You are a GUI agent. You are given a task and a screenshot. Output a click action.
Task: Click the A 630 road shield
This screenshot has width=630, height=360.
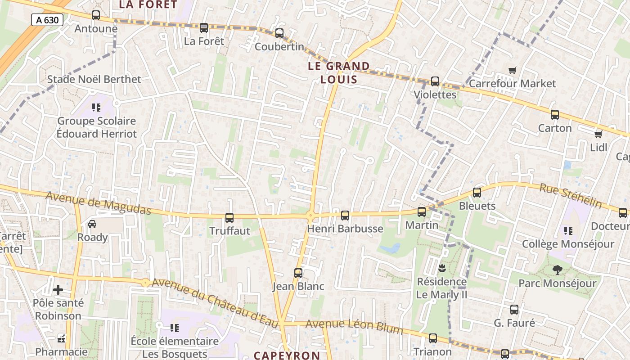pyautogui.click(x=47, y=19)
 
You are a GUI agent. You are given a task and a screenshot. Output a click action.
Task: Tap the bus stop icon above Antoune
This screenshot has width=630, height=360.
pyautogui.click(x=96, y=15)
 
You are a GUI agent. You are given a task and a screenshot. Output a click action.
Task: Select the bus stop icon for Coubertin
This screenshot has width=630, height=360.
pyautogui.click(x=279, y=33)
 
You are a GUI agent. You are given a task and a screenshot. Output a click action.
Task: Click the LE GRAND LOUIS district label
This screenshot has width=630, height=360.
pyautogui.click(x=339, y=73)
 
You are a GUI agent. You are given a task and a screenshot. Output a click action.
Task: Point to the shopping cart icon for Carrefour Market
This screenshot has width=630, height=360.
pyautogui.click(x=512, y=70)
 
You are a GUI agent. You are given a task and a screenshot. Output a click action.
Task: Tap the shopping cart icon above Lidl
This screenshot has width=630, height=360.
pyautogui.click(x=598, y=134)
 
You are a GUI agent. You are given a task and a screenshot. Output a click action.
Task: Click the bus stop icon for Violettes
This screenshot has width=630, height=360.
pyautogui.click(x=435, y=81)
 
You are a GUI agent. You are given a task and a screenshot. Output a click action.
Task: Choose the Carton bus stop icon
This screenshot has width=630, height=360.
pyautogui.click(x=555, y=115)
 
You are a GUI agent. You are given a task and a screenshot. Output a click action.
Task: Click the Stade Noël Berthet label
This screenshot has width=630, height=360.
pyautogui.click(x=94, y=79)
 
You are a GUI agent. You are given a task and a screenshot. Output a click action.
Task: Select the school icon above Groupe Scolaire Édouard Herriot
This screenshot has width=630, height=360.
pyautogui.click(x=96, y=108)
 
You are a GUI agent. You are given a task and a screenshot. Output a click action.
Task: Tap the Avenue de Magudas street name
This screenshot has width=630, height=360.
pyautogui.click(x=98, y=203)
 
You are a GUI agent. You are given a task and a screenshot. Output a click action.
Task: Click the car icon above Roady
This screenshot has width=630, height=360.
pyautogui.click(x=92, y=224)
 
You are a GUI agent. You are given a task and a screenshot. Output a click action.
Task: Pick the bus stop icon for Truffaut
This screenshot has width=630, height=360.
pyautogui.click(x=229, y=218)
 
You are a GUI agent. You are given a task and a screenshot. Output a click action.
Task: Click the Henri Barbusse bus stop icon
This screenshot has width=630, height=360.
pyautogui.click(x=345, y=216)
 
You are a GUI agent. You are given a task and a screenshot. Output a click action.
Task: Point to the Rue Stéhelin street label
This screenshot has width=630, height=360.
pyautogui.click(x=571, y=196)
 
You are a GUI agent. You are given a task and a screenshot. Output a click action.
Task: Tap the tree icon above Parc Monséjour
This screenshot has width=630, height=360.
pyautogui.click(x=557, y=270)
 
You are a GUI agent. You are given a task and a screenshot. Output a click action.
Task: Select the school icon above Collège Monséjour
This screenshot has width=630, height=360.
pyautogui.click(x=568, y=231)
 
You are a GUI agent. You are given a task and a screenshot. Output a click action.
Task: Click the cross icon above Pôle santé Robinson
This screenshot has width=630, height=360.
pyautogui.click(x=58, y=290)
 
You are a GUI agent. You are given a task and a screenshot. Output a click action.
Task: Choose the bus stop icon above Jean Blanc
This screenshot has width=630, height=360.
pyautogui.click(x=298, y=273)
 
